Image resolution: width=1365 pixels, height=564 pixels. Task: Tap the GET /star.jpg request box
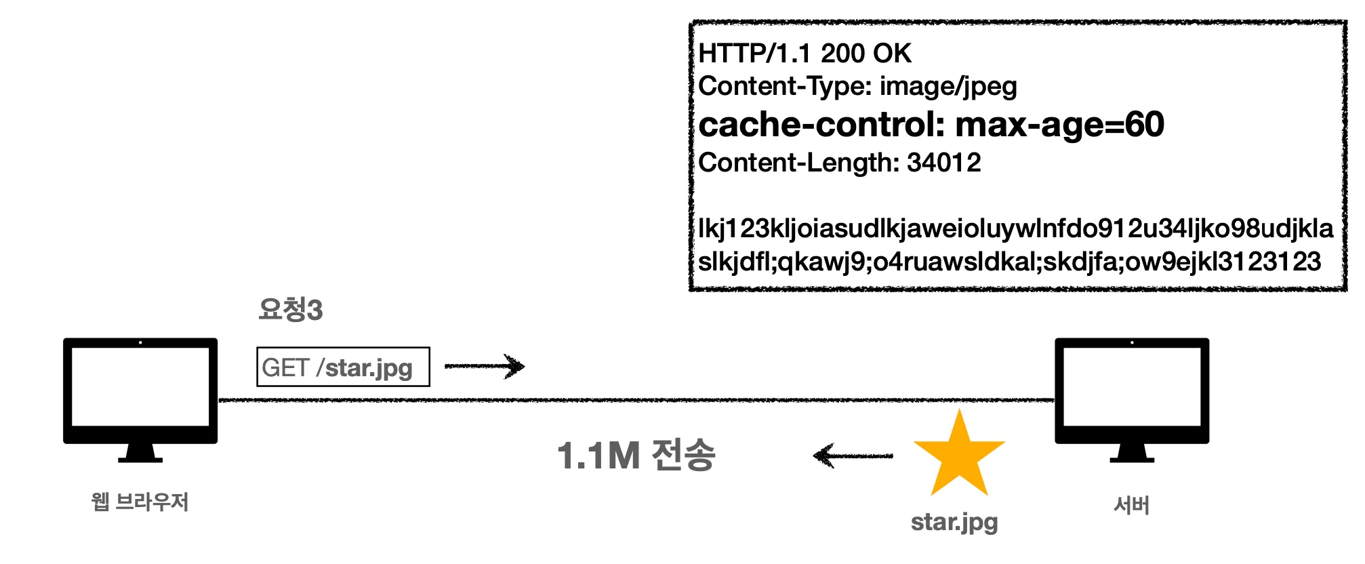coord(343,367)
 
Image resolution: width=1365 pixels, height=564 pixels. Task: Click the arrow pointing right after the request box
coord(484,366)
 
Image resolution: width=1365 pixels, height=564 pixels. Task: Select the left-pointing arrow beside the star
coord(853,456)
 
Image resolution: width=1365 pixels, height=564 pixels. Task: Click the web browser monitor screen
coord(140,386)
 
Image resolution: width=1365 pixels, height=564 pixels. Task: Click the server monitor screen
coord(1131,386)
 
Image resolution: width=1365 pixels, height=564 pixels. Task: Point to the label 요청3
coord(290,310)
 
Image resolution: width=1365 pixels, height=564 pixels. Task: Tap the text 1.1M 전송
coord(636,455)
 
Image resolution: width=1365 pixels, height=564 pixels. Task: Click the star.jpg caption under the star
coord(954,522)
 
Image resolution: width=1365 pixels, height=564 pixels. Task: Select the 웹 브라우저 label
coord(140,502)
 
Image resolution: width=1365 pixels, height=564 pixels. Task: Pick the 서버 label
coord(1131,505)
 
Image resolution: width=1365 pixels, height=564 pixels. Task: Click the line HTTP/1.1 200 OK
coord(804,54)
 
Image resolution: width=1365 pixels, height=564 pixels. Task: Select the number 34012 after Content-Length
coord(943,163)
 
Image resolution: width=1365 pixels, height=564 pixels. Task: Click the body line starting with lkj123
coord(1015,228)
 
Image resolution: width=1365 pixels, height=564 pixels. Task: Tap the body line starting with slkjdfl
coord(1009,262)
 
